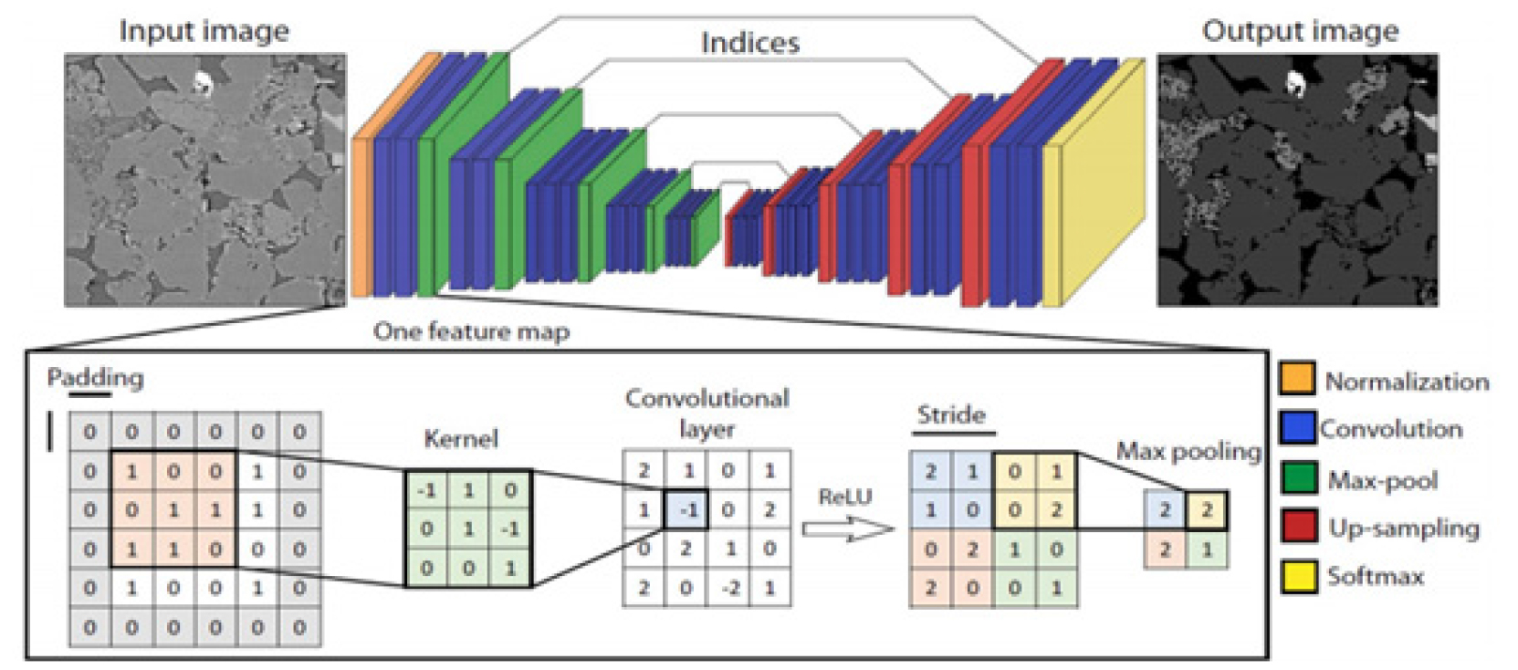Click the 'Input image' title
click(204, 30)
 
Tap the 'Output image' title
click(1300, 30)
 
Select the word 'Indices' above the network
click(749, 42)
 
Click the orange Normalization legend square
click(1297, 378)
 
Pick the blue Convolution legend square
click(1297, 427)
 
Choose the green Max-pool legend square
click(1297, 477)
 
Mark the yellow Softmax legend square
click(1297, 576)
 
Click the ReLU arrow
click(846, 529)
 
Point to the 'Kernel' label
click(461, 439)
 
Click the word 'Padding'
click(95, 377)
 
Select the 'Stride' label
click(951, 415)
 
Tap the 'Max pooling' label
click(1188, 451)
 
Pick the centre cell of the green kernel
click(468, 529)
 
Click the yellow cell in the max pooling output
click(1207, 510)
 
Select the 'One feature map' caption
click(471, 331)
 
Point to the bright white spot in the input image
click(202, 84)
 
